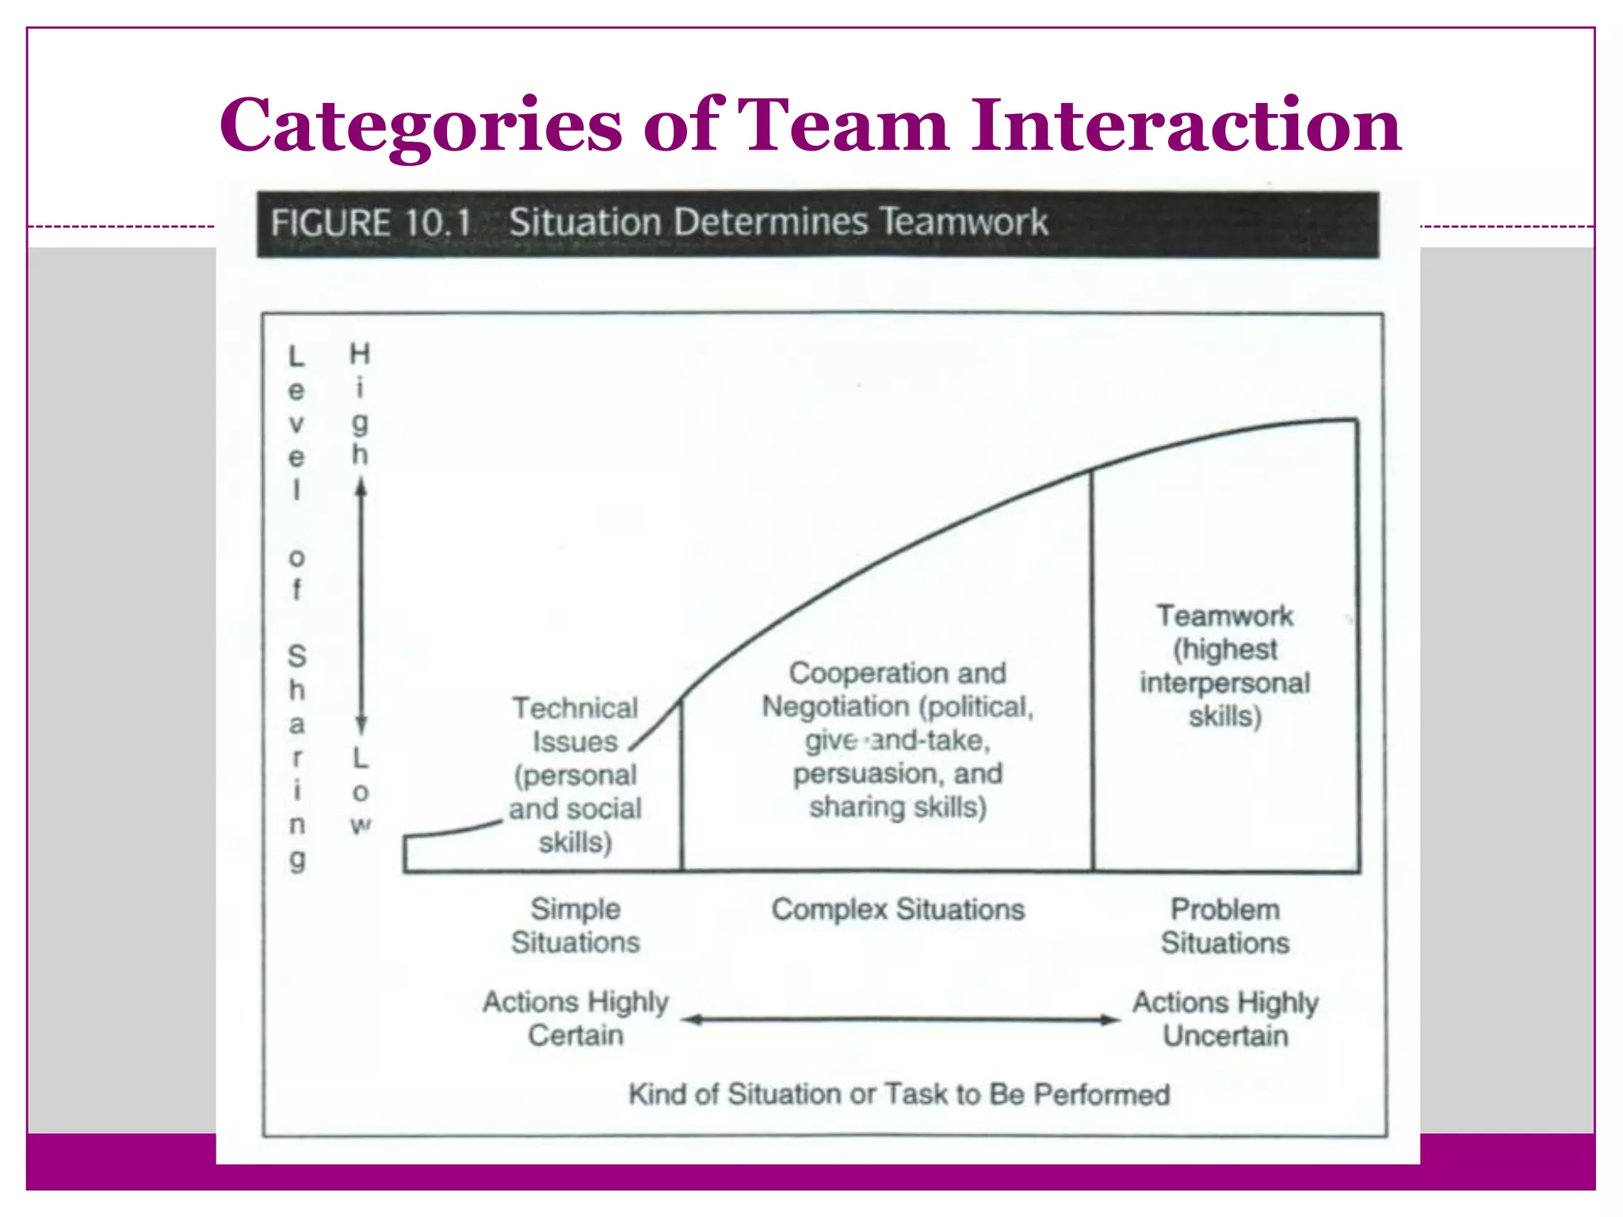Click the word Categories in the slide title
coord(421,127)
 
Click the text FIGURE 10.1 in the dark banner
coord(371,223)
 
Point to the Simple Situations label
coord(575,925)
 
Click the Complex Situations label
coord(898,910)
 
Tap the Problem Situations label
coord(1225,926)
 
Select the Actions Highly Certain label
coord(576,1018)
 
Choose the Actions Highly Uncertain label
coord(1225,1019)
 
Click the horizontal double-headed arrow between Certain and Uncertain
coord(901,1020)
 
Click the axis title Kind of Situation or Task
coord(899,1094)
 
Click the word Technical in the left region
coord(575,708)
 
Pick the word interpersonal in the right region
coord(1225,683)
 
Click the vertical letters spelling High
coord(361,404)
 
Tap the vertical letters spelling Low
coord(361,792)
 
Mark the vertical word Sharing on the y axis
coord(296,757)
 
